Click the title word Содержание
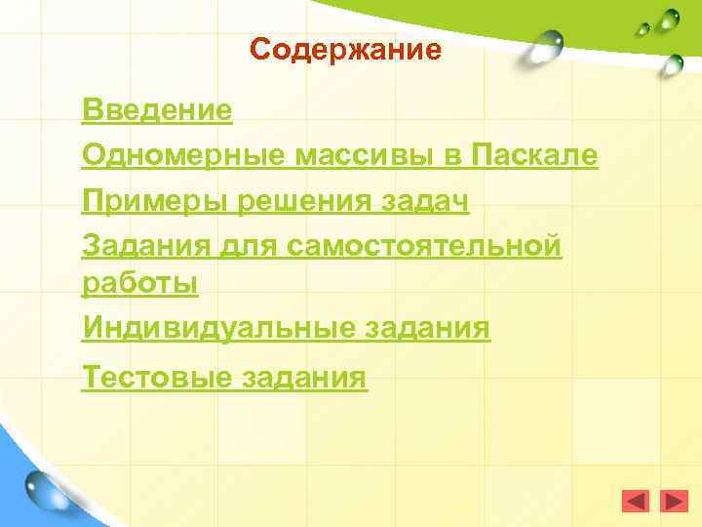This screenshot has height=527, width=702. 345,49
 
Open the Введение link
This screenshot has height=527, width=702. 158,109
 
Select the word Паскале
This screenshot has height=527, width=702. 534,155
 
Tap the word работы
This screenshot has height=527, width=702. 140,283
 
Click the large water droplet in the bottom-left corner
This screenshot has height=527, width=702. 46,487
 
